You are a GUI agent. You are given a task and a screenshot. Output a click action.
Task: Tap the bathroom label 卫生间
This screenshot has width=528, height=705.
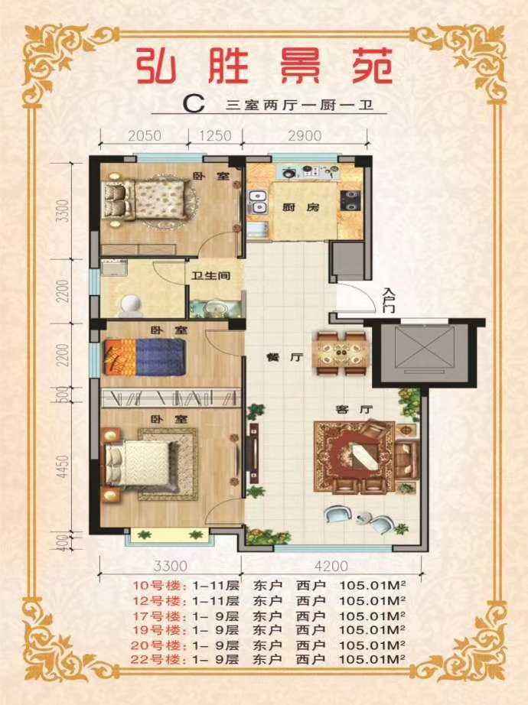pyautogui.click(x=210, y=275)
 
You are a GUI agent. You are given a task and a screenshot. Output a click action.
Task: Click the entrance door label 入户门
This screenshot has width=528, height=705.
pyautogui.click(x=388, y=301)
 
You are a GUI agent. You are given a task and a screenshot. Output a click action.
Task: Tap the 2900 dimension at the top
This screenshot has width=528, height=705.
pyautogui.click(x=305, y=136)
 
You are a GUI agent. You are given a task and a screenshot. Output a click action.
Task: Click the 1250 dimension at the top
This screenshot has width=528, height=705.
pyautogui.click(x=215, y=136)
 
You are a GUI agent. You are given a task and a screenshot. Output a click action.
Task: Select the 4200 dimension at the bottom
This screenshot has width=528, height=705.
pyautogui.click(x=331, y=566)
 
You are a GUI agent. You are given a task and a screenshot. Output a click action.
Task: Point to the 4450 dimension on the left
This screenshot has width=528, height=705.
pyautogui.click(x=64, y=466)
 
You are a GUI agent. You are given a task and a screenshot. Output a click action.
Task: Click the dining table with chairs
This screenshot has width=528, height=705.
pyautogui.click(x=341, y=353)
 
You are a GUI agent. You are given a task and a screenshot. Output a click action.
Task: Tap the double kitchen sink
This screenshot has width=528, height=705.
pyautogui.click(x=257, y=202)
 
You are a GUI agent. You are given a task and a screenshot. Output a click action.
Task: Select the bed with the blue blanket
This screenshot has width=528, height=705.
pyautogui.click(x=145, y=357)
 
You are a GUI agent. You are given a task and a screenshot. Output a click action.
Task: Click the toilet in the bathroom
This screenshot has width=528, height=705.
pyautogui.click(x=131, y=304)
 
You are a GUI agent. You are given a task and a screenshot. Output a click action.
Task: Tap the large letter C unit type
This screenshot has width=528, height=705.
pyautogui.click(x=194, y=104)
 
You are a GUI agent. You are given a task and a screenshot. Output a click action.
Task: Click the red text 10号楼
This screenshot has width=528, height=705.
pyautogui.click(x=159, y=586)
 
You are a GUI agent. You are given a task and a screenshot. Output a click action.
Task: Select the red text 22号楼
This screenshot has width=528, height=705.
pyautogui.click(x=158, y=660)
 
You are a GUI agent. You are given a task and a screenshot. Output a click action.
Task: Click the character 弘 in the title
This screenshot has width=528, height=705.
pyautogui.click(x=157, y=66)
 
